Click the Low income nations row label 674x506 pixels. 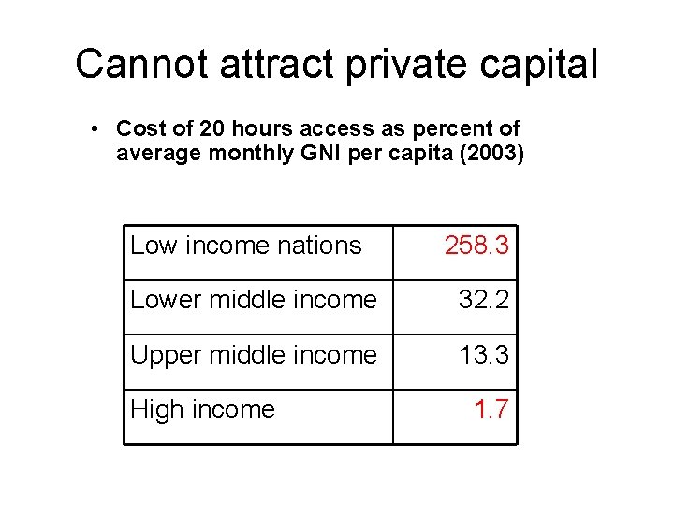[245, 246]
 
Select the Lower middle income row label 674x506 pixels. [254, 300]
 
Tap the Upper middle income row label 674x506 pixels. [254, 355]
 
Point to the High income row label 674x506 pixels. [202, 409]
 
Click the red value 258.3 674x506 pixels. [476, 246]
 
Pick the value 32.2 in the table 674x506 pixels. [483, 300]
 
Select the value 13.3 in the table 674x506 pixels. [483, 355]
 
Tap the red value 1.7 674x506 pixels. [491, 409]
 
